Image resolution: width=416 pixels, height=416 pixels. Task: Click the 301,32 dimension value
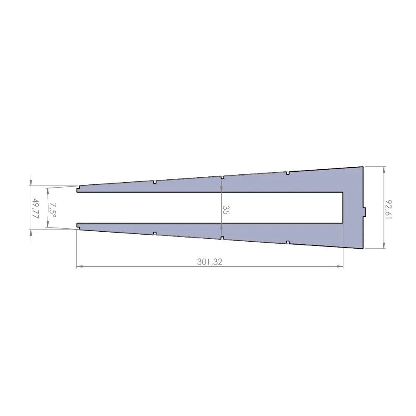[x=210, y=262]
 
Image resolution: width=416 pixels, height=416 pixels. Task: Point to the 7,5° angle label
[x=53, y=208]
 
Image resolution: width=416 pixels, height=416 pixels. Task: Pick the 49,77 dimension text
[x=36, y=208]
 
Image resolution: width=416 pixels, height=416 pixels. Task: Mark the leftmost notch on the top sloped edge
[x=154, y=182]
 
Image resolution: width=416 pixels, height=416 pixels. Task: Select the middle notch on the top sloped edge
[x=222, y=177]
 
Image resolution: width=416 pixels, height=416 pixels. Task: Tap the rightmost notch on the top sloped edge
[x=288, y=172]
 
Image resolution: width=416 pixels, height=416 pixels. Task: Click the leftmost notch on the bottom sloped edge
[x=154, y=233]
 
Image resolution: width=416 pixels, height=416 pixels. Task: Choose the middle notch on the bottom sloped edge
[x=222, y=238]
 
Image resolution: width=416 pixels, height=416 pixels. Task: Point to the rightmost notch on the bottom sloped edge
[x=288, y=243]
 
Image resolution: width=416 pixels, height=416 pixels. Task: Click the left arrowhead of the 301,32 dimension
[x=79, y=266]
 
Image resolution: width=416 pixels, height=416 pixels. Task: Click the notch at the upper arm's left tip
[x=78, y=191]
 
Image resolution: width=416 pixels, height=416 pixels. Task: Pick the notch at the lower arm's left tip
[x=78, y=226]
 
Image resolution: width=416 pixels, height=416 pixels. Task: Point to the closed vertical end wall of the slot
[x=343, y=208]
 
